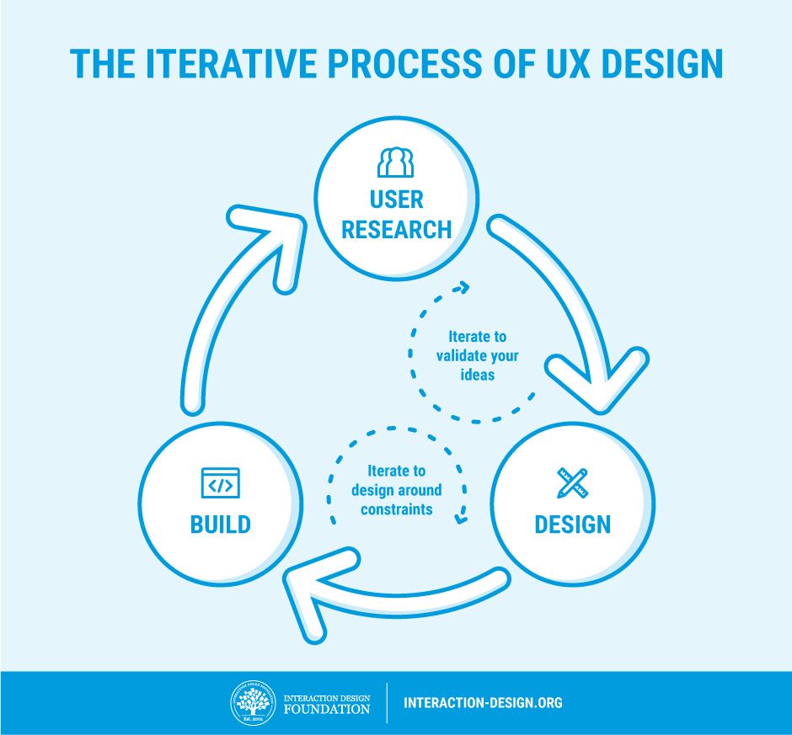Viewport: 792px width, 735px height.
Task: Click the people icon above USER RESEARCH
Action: click(395, 162)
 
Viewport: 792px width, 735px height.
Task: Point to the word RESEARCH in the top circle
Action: click(396, 229)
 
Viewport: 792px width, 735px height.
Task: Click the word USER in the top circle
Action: click(396, 200)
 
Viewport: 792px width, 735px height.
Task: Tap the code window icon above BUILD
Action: click(220, 483)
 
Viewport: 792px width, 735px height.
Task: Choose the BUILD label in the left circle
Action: click(220, 525)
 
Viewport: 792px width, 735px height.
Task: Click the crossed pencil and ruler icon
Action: click(572, 483)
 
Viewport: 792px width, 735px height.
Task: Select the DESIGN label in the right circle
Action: click(572, 525)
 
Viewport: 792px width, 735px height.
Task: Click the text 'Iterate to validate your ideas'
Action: click(477, 354)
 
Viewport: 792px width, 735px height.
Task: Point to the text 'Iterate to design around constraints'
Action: click(396, 490)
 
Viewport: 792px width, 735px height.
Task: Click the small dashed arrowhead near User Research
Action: click(460, 289)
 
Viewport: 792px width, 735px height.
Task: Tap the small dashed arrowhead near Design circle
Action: click(461, 516)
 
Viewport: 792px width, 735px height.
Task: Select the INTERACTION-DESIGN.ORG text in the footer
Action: click(483, 702)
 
